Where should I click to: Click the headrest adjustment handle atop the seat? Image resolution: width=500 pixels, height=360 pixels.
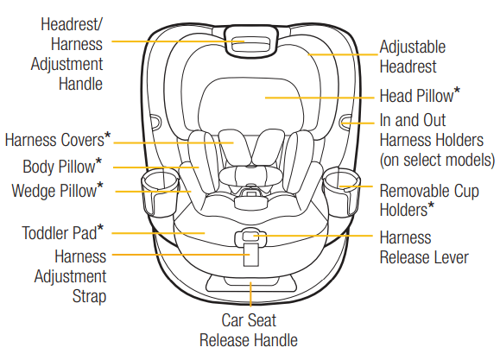pos(250,42)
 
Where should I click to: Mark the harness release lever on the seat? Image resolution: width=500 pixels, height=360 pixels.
pos(250,235)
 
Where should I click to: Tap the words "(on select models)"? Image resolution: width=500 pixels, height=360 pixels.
pos(437,160)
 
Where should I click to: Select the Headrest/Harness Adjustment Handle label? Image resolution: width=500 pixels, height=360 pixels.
pos(72,54)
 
